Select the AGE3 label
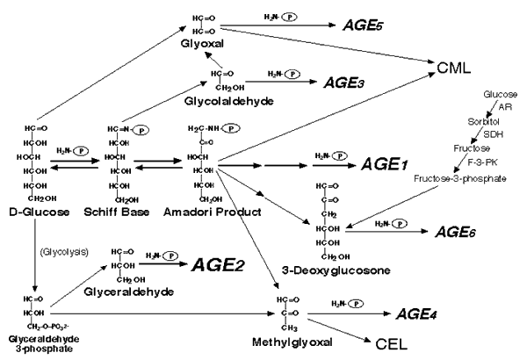coord(343,82)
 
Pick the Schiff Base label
coord(130,213)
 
